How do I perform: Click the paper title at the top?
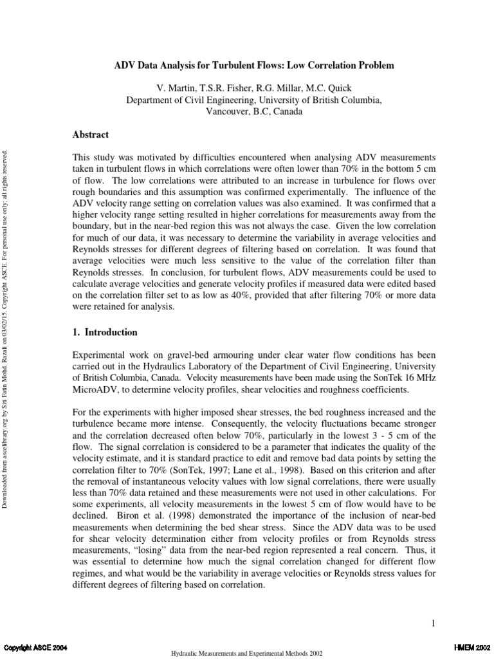[x=254, y=66]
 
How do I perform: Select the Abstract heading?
[x=90, y=135]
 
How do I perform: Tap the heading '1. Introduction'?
[x=104, y=333]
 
